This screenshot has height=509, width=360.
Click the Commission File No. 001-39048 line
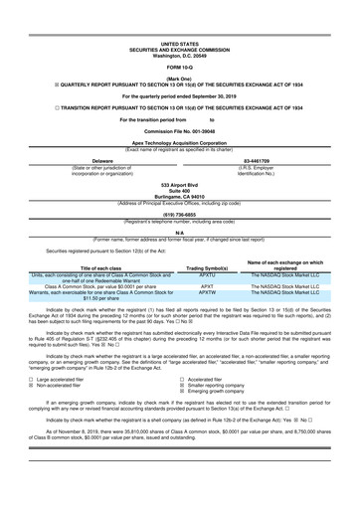179,130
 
